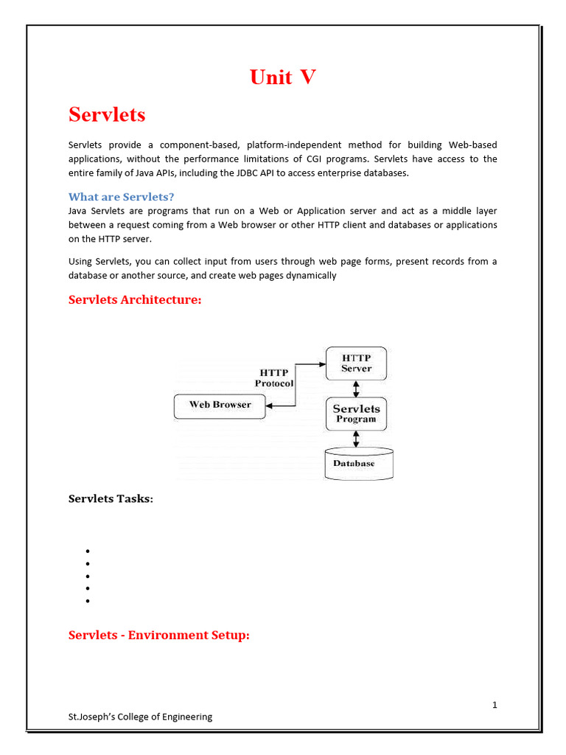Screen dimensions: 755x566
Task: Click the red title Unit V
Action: [283, 77]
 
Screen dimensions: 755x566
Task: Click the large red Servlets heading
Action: [107, 115]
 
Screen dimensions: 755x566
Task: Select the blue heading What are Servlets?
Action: [121, 197]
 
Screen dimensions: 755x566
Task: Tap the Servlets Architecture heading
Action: [134, 300]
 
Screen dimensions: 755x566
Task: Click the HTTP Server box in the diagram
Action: [356, 363]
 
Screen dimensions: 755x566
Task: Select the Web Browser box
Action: [220, 405]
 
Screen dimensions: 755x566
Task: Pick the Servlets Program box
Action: [356, 414]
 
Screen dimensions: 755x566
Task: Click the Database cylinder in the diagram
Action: [359, 464]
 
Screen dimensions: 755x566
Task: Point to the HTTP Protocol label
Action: [274, 378]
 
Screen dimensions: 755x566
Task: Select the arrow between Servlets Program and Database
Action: [357, 439]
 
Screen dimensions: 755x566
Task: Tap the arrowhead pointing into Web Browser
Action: [270, 406]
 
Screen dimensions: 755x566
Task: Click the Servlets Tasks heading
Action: [111, 499]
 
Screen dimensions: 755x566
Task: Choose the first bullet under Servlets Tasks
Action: [87, 552]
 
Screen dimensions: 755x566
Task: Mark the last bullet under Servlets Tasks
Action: [87, 601]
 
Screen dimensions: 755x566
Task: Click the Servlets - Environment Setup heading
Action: [159, 635]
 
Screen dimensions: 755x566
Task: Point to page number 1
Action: [495, 705]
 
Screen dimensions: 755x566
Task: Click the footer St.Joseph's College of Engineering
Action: [140, 717]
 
